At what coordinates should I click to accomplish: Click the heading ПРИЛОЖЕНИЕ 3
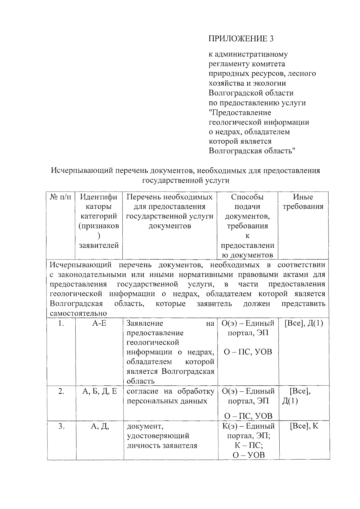241,39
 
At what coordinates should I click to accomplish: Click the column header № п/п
61,197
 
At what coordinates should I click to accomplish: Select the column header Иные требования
303,202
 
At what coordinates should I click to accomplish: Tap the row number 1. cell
61,323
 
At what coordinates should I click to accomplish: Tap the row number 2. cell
61,391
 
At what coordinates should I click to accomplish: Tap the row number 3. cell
61,426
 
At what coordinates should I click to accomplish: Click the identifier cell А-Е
99,323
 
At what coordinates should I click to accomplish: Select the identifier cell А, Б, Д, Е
99,391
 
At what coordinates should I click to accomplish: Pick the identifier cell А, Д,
99,426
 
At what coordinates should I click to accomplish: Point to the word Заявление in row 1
145,323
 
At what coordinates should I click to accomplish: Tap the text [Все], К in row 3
304,426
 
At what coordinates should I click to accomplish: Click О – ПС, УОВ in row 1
248,352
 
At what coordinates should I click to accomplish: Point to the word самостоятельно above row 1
78,313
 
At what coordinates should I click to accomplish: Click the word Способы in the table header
247,197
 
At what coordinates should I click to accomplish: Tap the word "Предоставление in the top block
240,113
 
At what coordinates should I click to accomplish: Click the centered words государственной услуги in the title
185,180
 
